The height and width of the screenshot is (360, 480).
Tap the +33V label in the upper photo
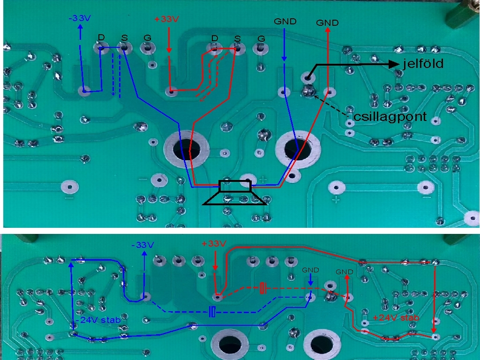pyautogui.click(x=167, y=19)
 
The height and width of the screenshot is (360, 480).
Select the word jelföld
pyautogui.click(x=423, y=64)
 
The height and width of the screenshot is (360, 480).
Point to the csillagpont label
pyautogui.click(x=390, y=117)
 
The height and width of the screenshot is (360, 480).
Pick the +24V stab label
pyautogui.click(x=396, y=318)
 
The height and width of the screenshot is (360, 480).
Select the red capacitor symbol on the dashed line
pyautogui.click(x=263, y=287)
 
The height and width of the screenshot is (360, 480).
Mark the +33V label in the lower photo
pyautogui.click(x=214, y=244)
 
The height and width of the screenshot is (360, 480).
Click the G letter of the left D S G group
pyautogui.click(x=146, y=37)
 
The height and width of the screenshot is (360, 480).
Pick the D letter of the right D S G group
pyautogui.click(x=215, y=37)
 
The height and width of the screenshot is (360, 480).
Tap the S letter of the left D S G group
pyautogui.click(x=124, y=37)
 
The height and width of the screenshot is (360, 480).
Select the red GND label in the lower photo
pyautogui.click(x=345, y=272)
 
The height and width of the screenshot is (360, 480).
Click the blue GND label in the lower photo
pyautogui.click(x=310, y=270)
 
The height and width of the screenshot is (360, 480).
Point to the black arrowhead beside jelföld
pyautogui.click(x=393, y=64)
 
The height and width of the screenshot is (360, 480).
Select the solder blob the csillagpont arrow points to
pyautogui.click(x=308, y=91)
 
